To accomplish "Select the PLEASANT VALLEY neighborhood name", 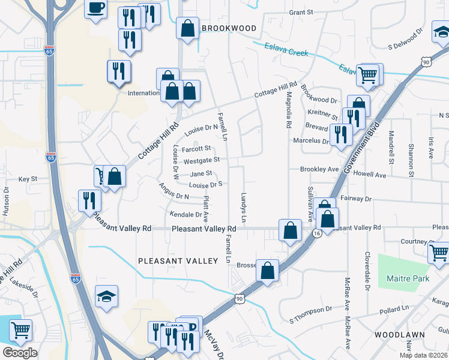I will click(178, 261).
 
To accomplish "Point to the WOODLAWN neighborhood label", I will click(400, 334).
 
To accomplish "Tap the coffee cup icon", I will click(96, 9).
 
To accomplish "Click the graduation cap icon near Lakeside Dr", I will click(106, 296).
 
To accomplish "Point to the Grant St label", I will click(301, 12).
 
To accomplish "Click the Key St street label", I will click(28, 179).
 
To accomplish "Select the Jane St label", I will click(201, 173).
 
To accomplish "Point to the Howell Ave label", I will click(369, 174).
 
